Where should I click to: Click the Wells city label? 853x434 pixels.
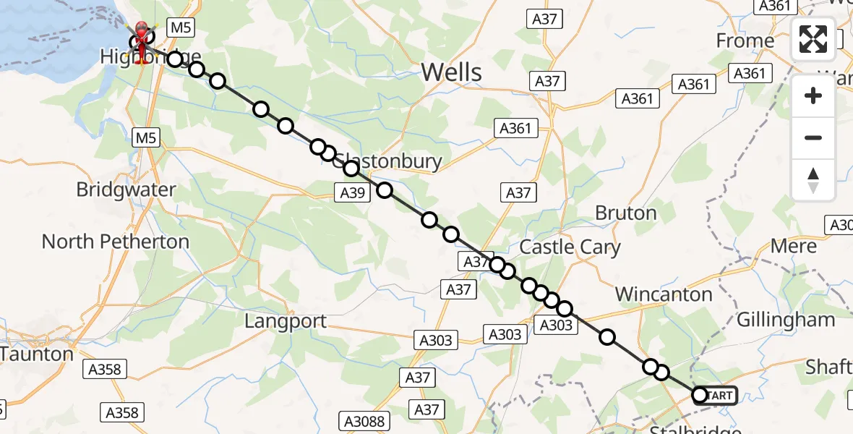click(x=451, y=72)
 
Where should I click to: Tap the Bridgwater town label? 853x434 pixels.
click(x=127, y=190)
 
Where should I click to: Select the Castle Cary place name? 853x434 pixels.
click(x=570, y=247)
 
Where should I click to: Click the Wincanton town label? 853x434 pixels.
click(x=664, y=294)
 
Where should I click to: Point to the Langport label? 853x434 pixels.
click(x=286, y=321)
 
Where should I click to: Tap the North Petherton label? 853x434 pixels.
click(x=116, y=242)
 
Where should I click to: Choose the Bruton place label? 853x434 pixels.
click(x=626, y=213)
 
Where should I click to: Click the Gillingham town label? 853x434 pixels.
click(x=786, y=319)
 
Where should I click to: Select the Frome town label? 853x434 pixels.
click(x=745, y=41)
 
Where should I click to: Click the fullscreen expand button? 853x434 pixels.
click(x=813, y=39)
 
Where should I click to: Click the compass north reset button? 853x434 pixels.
click(x=813, y=179)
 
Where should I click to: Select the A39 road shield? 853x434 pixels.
click(x=353, y=192)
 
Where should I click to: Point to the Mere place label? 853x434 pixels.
click(x=793, y=246)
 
